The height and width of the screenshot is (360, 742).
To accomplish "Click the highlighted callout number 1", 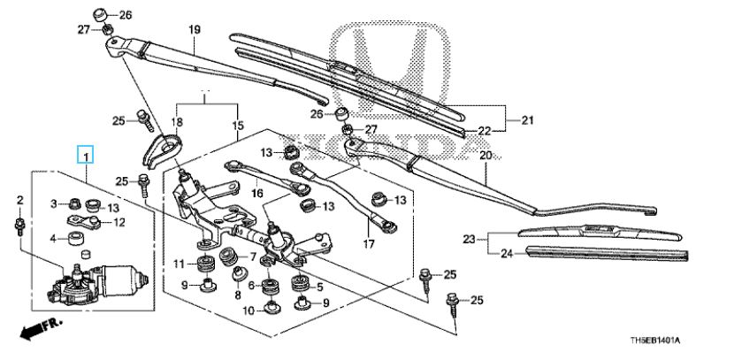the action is [86, 155].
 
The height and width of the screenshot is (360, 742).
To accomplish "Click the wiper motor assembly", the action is [98, 284].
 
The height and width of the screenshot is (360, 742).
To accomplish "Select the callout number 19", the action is [195, 30].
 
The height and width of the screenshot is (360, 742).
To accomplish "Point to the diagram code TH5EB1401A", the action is [657, 341].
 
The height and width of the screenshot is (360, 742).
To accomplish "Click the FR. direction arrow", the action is [40, 327].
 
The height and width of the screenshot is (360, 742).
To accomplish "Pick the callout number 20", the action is [486, 155].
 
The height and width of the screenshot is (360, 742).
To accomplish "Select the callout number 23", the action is [469, 240].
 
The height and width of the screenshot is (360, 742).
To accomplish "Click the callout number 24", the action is [507, 254].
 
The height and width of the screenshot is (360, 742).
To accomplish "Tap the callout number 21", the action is [527, 120].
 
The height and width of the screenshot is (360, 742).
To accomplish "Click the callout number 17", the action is [369, 244].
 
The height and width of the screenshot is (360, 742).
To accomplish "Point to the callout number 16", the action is [256, 194].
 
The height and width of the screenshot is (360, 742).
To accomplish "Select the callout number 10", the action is [249, 310].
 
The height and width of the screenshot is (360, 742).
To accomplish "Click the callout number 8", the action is [238, 295].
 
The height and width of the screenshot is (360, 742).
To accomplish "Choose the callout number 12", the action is [119, 222].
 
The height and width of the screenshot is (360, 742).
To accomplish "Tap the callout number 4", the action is [53, 239].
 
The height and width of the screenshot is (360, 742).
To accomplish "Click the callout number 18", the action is [177, 123].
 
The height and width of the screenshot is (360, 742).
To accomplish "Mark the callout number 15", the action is [238, 126].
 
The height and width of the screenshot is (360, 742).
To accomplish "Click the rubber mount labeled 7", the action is [230, 257].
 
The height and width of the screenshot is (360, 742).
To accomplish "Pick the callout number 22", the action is [485, 132].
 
